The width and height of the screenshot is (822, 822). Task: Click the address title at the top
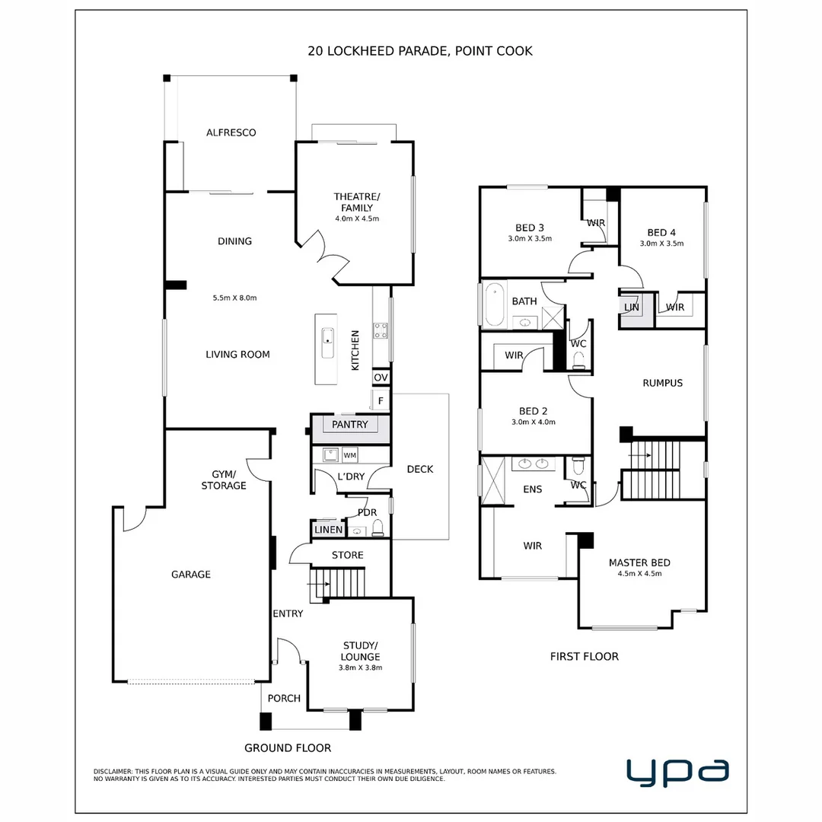(420, 51)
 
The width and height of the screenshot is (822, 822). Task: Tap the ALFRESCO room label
(231, 132)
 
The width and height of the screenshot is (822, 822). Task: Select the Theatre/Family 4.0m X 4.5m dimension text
(357, 218)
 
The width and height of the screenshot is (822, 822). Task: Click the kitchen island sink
(327, 342)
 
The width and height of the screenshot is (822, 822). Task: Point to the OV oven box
(381, 378)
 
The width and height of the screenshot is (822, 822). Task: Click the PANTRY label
(350, 425)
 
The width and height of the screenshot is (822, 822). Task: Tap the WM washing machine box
(350, 455)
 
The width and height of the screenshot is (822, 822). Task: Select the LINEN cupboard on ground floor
(328, 530)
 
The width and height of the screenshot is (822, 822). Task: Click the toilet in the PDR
(378, 528)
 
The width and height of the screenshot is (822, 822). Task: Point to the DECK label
(419, 469)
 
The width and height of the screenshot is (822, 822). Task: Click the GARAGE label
(190, 575)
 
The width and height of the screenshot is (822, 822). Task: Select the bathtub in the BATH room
(495, 304)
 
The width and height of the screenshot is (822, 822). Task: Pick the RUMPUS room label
(662, 383)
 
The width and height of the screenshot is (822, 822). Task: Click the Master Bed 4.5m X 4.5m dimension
(639, 574)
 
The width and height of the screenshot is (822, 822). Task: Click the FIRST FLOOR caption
(584, 656)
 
